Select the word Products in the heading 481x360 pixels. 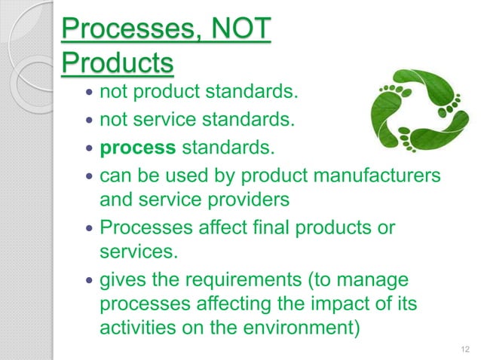(117, 65)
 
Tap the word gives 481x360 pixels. (123, 281)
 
